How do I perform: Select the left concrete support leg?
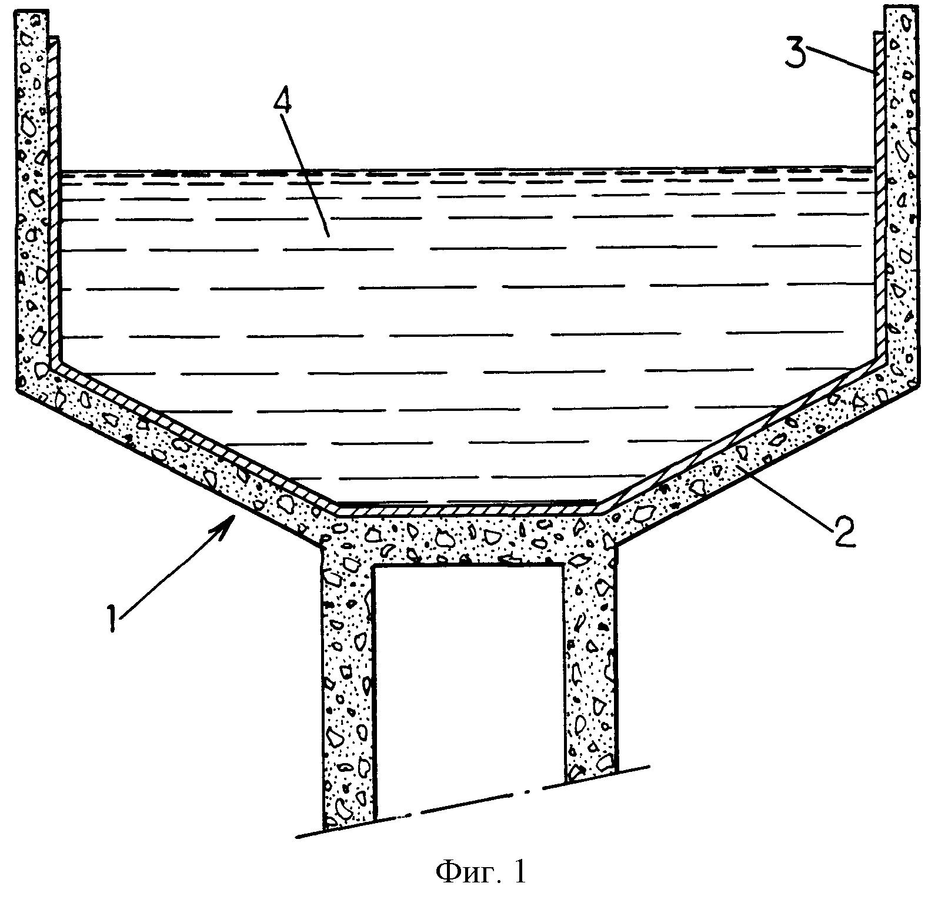(347, 688)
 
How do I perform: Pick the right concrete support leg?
(590, 664)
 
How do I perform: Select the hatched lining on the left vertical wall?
(54, 200)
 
